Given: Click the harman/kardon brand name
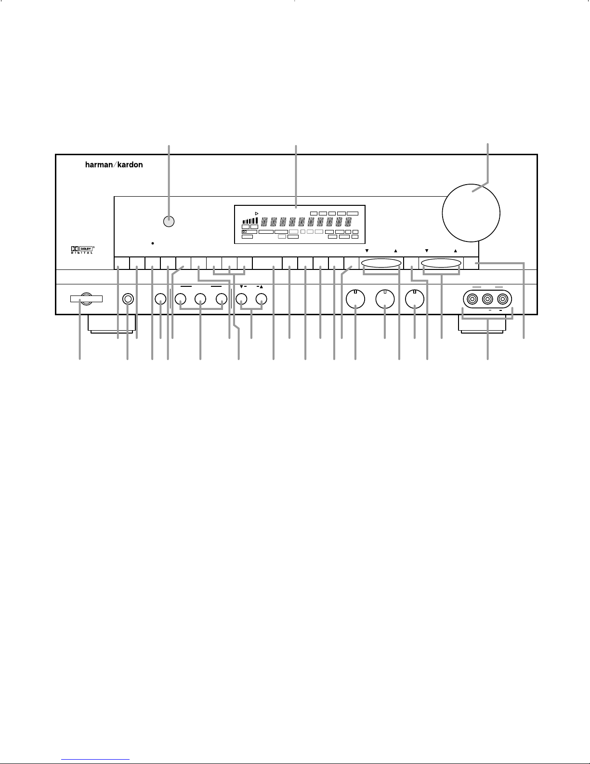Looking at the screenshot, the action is (114, 164).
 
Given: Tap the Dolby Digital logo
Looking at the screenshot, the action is (82, 250).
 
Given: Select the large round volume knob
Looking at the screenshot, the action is (471, 213).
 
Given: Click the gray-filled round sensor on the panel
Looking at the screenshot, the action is (169, 222).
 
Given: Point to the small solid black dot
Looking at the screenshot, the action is (152, 243).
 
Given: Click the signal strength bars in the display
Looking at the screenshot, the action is (250, 221).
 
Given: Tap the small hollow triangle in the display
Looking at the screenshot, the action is (257, 214).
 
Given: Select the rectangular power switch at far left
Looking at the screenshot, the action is (86, 299).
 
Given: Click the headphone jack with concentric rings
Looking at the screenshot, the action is (128, 299).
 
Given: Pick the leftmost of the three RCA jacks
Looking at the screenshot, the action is (472, 299).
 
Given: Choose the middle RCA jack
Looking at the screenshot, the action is (487, 299).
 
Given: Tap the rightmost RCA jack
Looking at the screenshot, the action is (502, 299).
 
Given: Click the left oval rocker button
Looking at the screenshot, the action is (381, 263).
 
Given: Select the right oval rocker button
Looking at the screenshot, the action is (441, 263).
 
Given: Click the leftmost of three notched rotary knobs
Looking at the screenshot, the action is (355, 299).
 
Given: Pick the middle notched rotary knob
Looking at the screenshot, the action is (385, 299).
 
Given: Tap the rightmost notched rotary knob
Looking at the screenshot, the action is (415, 299).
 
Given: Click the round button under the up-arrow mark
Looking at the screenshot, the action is (261, 299).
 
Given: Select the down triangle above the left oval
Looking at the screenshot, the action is (367, 251).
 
